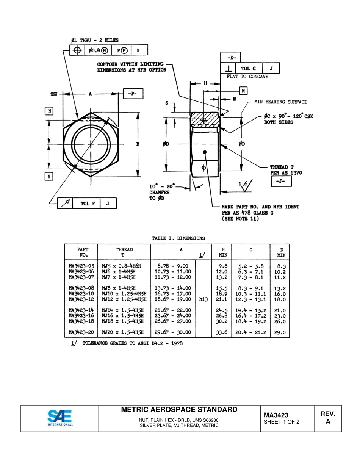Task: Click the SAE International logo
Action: click(x=59, y=418)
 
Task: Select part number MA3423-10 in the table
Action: click(x=81, y=294)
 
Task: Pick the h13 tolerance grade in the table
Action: click(x=203, y=299)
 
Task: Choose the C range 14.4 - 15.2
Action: click(x=250, y=310)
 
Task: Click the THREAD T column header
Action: click(x=124, y=252)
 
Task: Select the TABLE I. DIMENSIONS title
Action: click(x=178, y=238)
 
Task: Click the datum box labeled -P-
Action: click(x=133, y=94)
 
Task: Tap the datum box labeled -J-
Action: click(x=281, y=182)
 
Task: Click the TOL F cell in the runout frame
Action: click(x=88, y=204)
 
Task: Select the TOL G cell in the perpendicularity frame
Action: click(x=249, y=69)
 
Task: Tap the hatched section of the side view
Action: click(x=205, y=120)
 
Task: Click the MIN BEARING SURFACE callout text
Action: click(x=280, y=102)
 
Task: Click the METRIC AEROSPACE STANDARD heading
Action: click(x=179, y=409)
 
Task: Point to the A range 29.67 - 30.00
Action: click(x=173, y=332)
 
